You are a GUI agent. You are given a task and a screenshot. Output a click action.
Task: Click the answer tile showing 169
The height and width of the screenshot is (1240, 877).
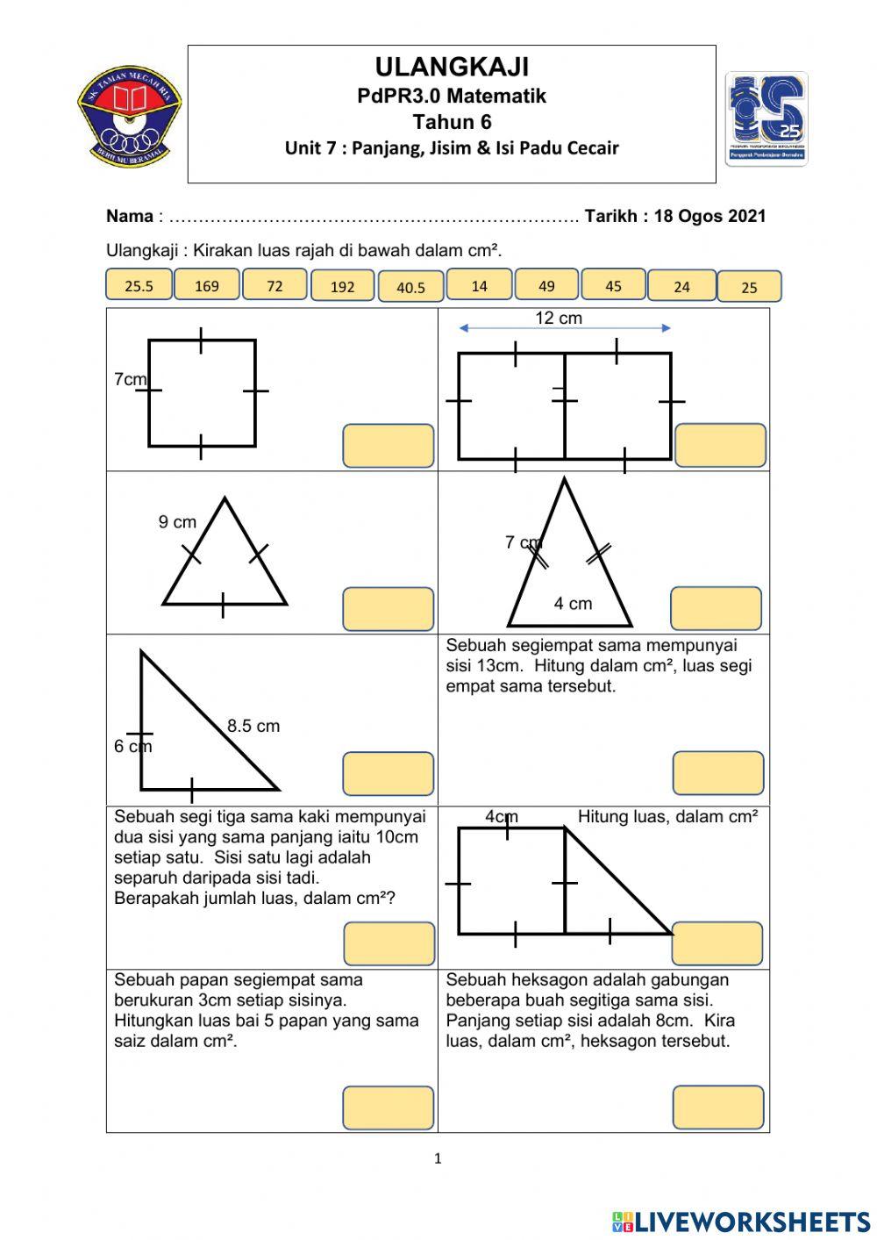206,285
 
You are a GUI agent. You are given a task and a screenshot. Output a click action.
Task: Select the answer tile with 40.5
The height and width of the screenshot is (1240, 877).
410,287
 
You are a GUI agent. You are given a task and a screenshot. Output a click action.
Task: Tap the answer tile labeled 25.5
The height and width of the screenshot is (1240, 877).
139,285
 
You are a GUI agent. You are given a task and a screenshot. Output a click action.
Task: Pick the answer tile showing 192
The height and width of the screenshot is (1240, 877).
343,287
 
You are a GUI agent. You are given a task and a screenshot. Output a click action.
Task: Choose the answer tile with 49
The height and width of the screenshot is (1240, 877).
546,285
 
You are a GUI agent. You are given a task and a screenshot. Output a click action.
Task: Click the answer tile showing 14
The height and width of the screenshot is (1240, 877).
479,285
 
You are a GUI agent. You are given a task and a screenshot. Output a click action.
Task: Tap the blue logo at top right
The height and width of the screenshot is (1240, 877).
766,119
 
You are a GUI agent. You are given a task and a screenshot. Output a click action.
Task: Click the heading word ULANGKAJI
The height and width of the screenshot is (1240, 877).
452,67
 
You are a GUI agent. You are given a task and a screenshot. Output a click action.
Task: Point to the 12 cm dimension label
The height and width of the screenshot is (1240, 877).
559,318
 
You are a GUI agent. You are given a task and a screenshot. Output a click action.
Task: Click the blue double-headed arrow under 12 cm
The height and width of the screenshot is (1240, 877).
564,329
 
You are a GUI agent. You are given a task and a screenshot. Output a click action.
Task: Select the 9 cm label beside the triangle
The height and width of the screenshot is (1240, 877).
177,522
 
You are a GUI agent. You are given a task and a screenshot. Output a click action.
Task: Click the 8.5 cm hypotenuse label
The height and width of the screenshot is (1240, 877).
253,726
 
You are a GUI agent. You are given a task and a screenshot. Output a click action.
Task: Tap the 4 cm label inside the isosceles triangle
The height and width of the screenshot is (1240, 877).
573,604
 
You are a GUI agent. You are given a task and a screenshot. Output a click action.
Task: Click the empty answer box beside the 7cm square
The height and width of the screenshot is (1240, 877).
388,446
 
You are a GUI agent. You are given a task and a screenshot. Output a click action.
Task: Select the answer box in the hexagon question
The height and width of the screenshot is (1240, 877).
718,1107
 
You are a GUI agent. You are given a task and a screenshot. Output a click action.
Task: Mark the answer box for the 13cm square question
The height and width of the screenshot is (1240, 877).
718,773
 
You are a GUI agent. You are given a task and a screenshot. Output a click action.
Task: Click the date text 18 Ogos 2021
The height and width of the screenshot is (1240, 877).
709,217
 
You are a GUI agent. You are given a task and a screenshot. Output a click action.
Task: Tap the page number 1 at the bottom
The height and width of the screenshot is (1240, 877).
438,1158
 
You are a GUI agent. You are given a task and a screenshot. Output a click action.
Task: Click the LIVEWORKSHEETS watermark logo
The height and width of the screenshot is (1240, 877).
741,1221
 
